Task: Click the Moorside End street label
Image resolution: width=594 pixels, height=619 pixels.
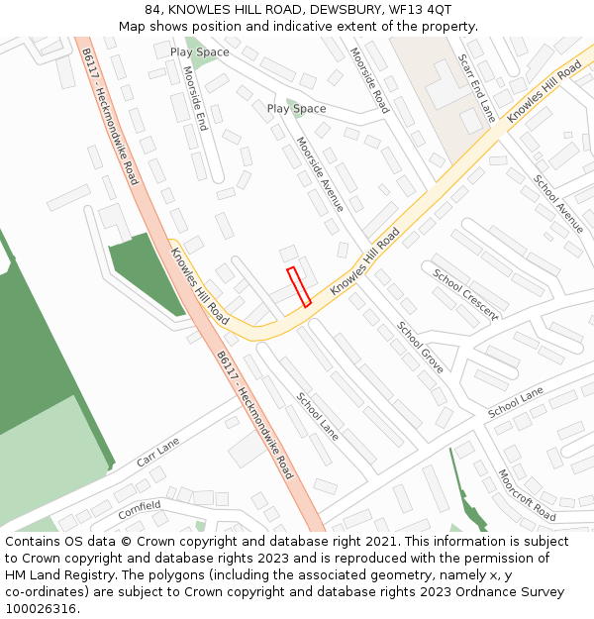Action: coord(196,98)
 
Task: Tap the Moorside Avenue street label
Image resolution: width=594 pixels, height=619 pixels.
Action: coord(320,174)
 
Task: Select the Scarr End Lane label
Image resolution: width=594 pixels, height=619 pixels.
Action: coord(476,87)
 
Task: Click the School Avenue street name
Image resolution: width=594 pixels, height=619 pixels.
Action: coord(558,203)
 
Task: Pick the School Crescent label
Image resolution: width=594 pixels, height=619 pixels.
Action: coord(465,294)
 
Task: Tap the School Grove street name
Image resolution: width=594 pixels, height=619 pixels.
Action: coord(421,347)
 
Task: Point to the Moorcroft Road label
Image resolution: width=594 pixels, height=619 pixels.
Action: coord(527,495)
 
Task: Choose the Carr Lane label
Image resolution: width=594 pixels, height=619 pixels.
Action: coord(158,452)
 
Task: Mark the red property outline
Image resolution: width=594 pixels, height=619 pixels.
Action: coord(299,286)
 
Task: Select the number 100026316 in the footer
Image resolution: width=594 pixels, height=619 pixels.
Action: coord(41,609)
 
